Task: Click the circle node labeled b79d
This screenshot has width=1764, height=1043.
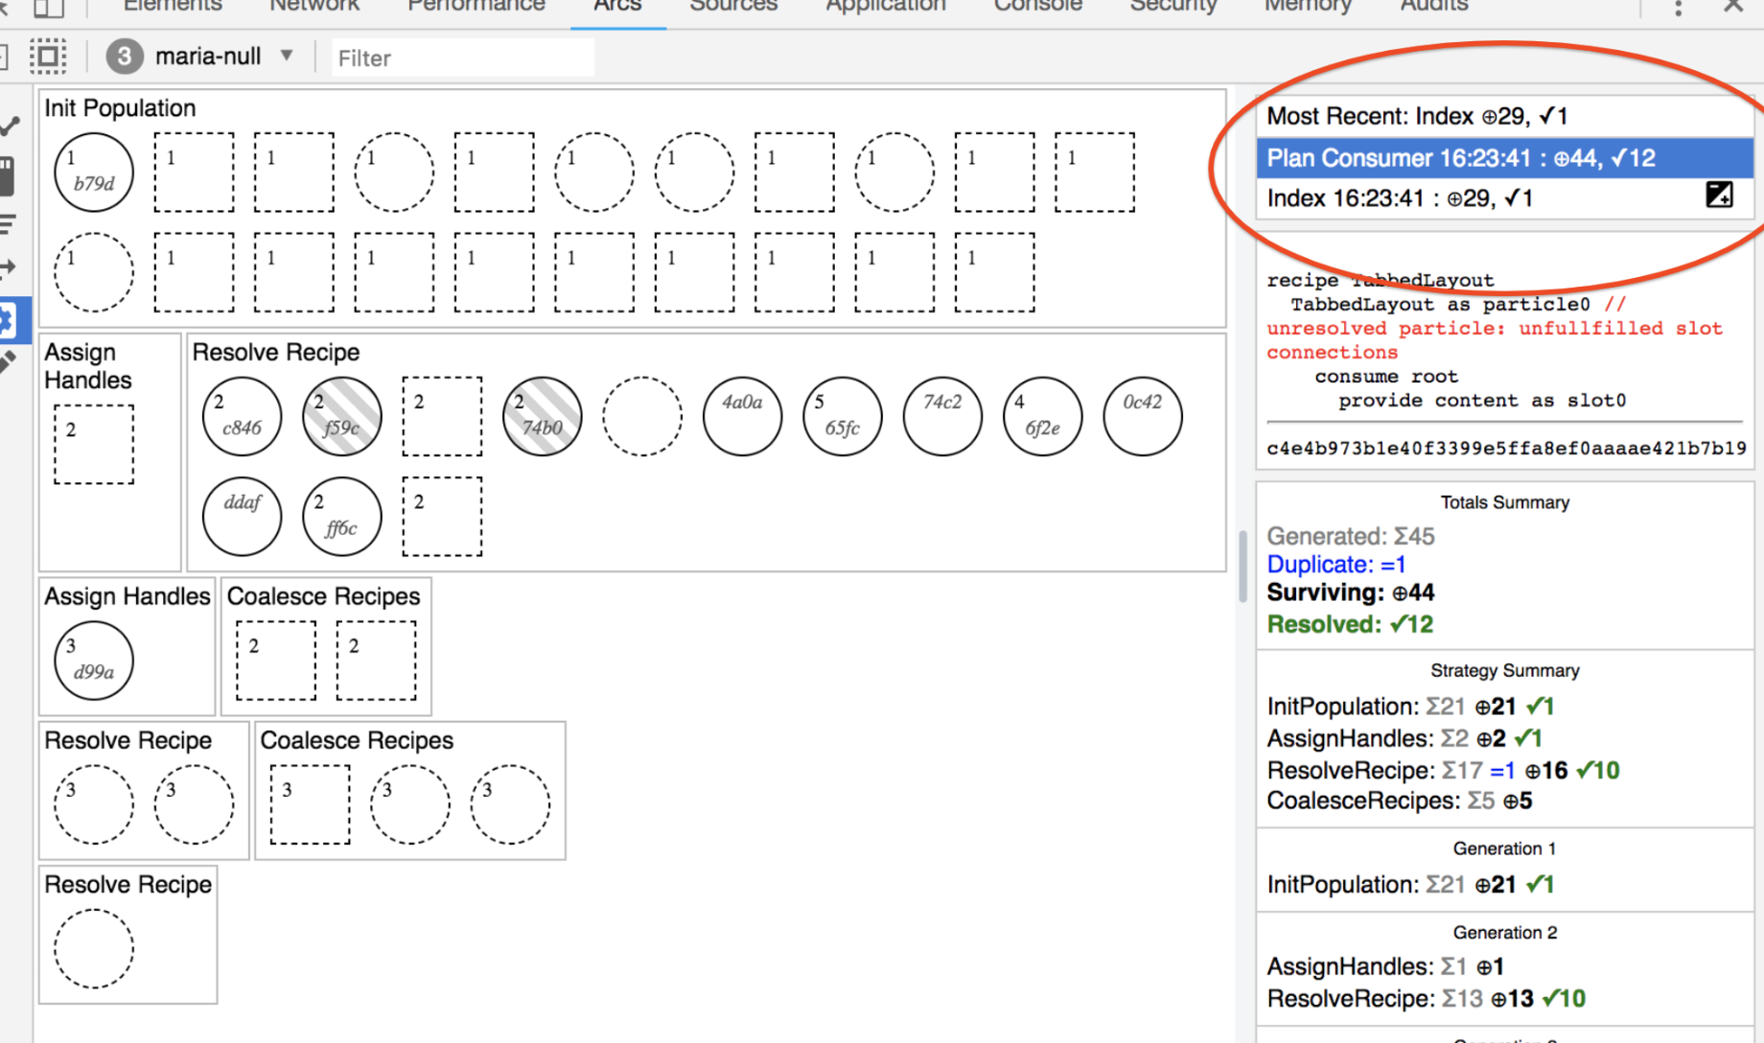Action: point(94,173)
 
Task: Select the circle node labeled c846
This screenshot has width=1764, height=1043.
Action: point(243,416)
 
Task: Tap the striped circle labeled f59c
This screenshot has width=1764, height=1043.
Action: point(342,416)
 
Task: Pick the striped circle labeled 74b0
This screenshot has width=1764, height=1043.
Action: point(543,416)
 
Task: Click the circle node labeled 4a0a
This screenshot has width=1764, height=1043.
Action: point(743,416)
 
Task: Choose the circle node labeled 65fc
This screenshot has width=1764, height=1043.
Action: point(843,416)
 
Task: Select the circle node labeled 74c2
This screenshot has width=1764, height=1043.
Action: point(942,416)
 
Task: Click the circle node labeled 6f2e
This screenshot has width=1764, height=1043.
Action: point(1043,416)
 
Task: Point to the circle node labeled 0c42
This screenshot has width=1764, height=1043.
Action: point(1143,416)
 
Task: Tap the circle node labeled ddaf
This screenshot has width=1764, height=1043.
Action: point(243,517)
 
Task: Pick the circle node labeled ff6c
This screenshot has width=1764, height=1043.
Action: point(342,517)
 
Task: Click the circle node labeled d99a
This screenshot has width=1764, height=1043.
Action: point(94,661)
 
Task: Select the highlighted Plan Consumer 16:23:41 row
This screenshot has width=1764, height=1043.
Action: point(1504,158)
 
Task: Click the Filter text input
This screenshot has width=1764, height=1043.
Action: point(462,58)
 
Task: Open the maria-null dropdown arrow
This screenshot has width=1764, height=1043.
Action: point(287,56)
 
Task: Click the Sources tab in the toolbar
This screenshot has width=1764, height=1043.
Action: point(733,6)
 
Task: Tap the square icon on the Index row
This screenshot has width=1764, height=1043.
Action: point(1719,196)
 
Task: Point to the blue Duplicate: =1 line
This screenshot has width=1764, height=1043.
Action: point(1336,565)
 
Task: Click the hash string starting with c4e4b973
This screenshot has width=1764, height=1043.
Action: point(1506,449)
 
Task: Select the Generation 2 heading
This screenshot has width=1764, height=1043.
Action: point(1504,933)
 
